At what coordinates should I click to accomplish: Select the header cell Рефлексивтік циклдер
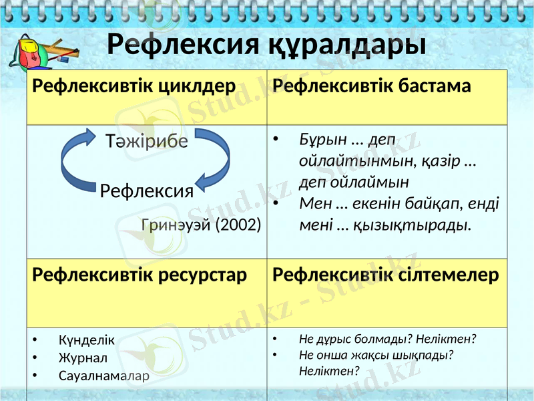coord(134,86)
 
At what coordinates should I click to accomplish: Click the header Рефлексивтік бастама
coord(372,86)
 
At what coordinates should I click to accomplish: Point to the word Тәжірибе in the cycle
coord(147,142)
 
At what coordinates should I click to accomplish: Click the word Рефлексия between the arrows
coord(147,192)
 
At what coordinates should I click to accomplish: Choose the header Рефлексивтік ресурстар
coord(140,275)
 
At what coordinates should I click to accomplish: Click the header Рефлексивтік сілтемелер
coord(386,275)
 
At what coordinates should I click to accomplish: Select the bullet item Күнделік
coord(86,340)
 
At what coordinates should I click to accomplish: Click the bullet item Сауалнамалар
coord(103,376)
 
